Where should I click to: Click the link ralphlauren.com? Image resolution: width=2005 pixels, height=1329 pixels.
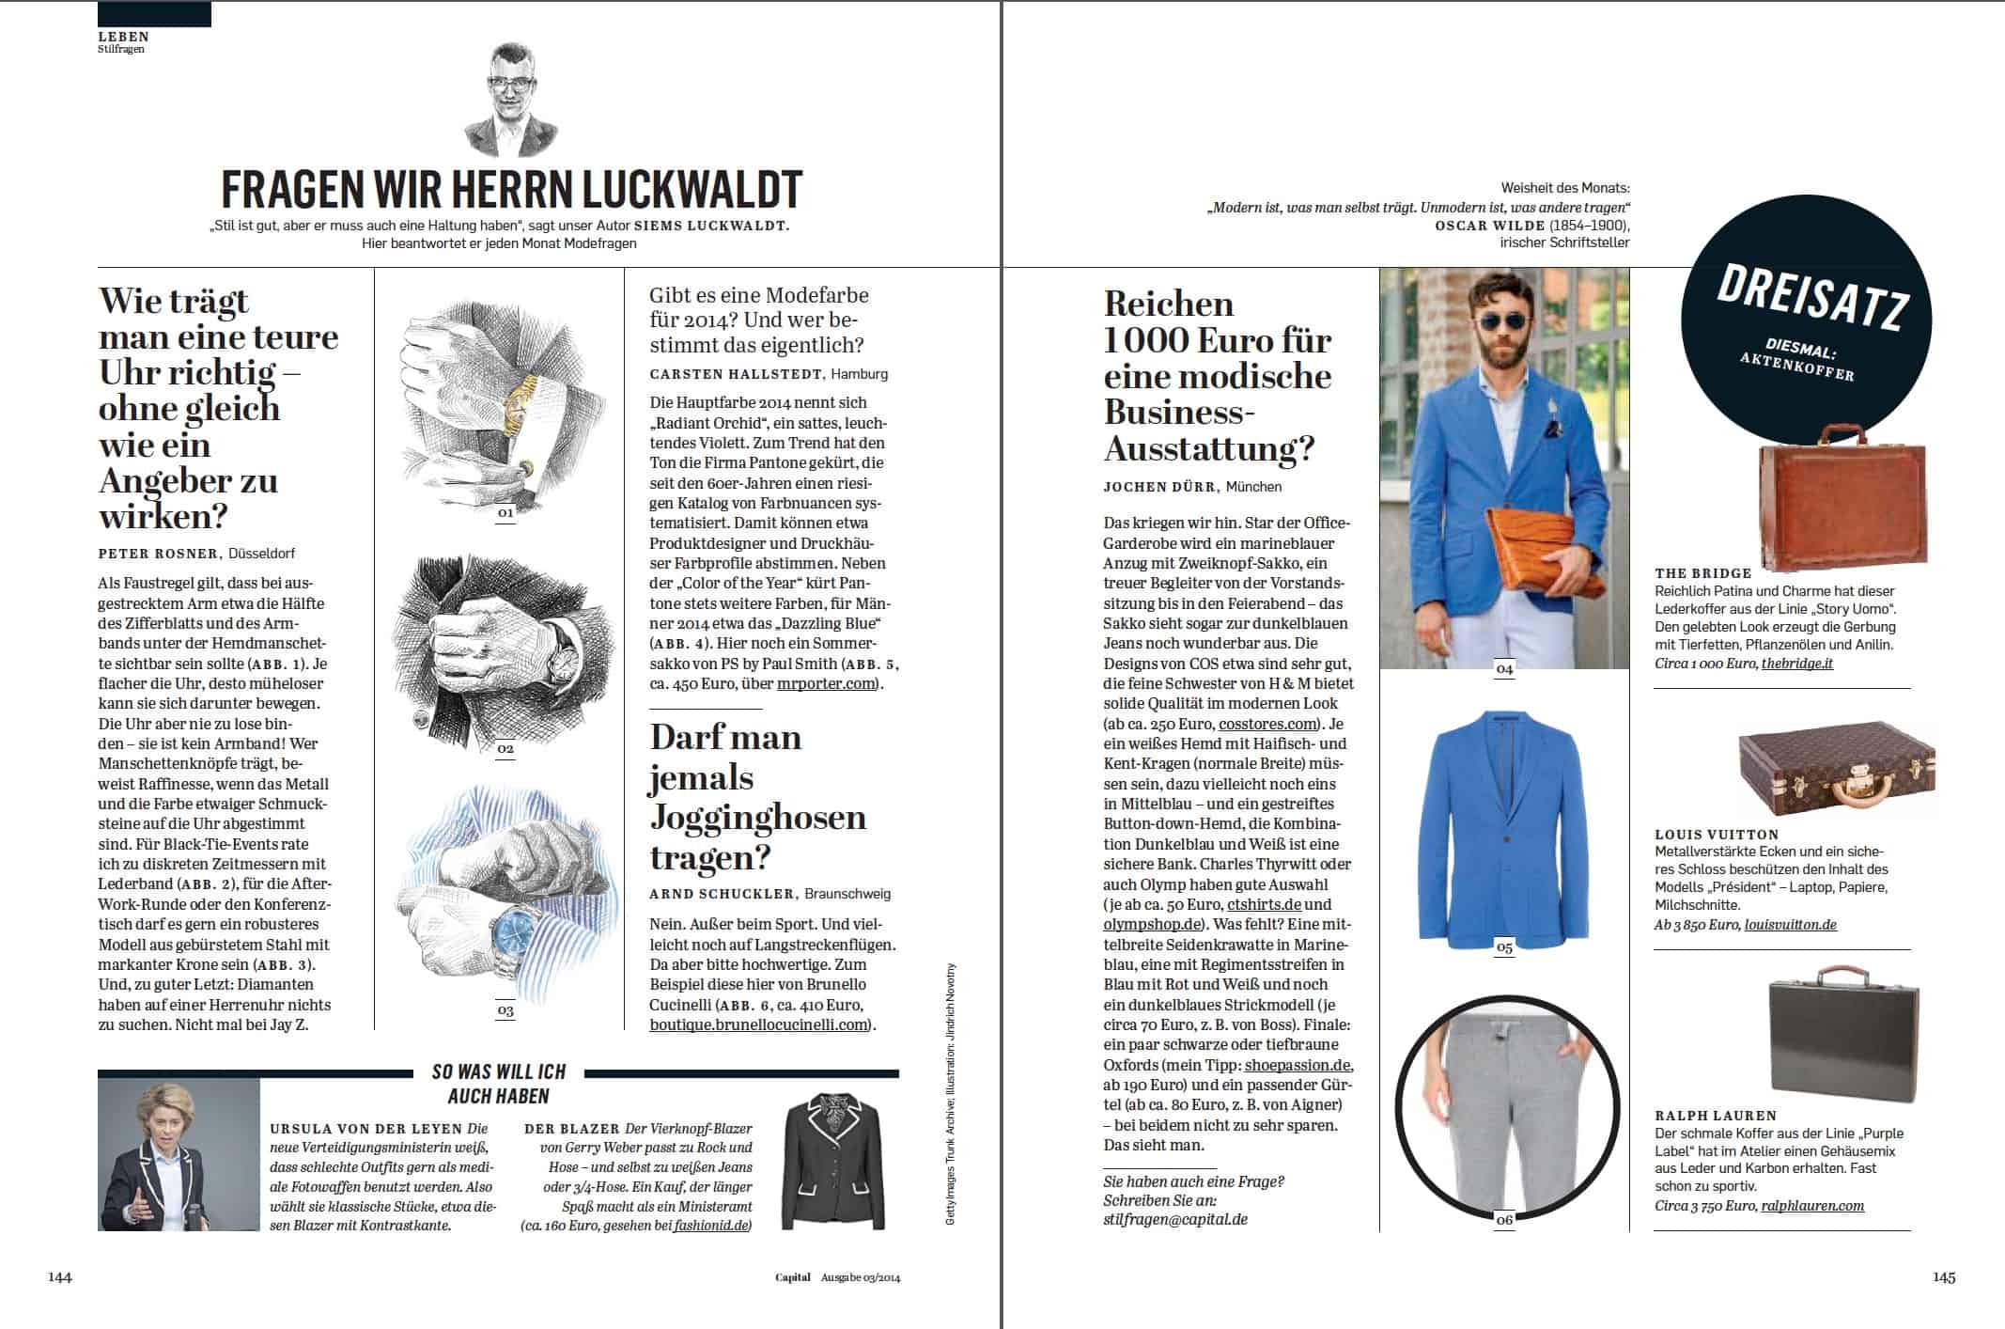1812,1206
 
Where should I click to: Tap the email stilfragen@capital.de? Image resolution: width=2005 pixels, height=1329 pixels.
1175,1220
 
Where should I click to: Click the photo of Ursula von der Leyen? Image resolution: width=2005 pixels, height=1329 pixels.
179,1154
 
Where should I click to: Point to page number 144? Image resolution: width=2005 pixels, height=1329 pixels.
60,1276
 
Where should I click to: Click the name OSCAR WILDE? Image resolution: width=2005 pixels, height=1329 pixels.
1488,226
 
